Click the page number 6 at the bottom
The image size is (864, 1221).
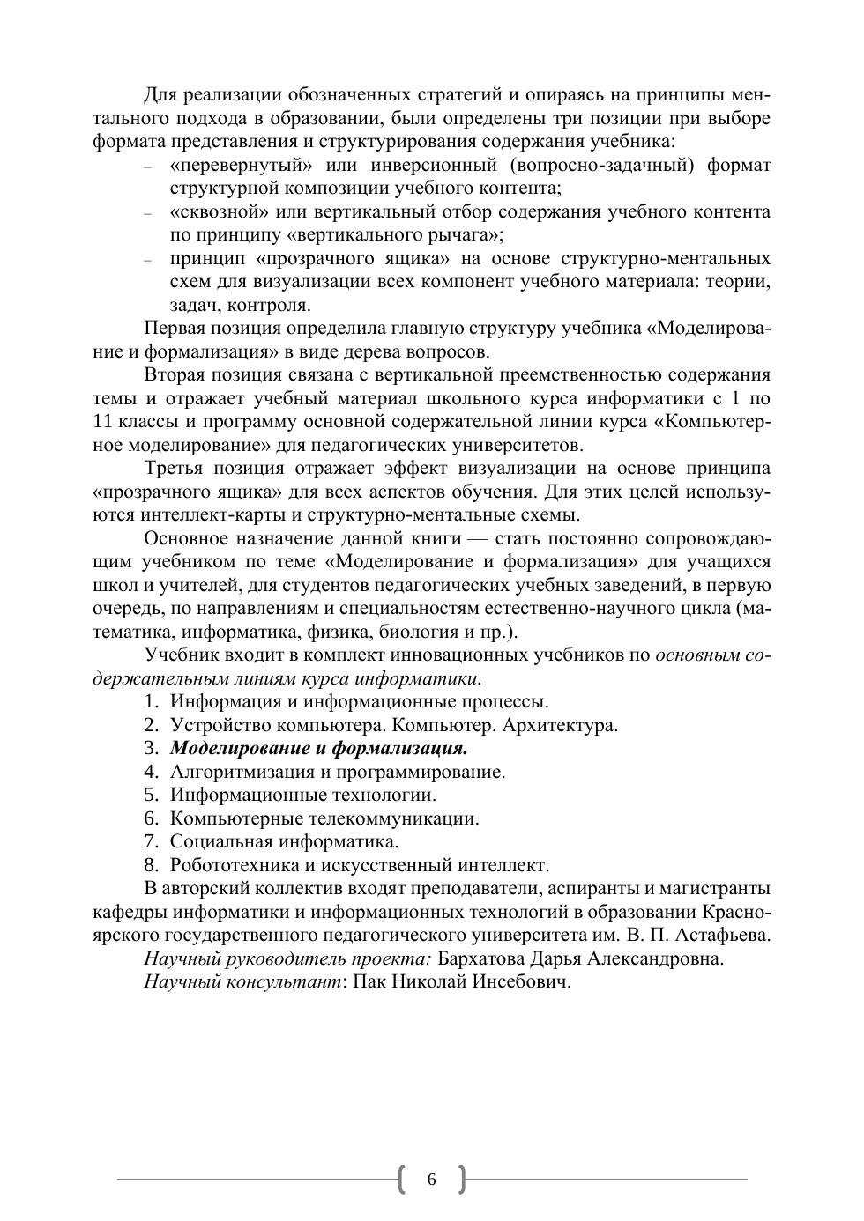[431, 1180]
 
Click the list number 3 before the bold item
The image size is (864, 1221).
[151, 749]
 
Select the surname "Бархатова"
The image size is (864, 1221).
[483, 958]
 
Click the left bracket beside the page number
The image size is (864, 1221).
[403, 1179]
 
